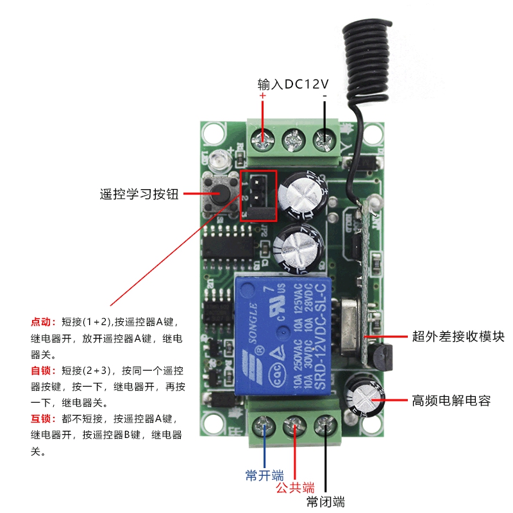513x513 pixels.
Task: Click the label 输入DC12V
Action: pyautogui.click(x=293, y=84)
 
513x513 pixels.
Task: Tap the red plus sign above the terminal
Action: pyautogui.click(x=262, y=96)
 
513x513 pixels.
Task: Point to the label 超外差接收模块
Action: pyautogui.click(x=458, y=336)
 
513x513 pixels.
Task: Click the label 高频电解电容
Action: pyautogui.click(x=451, y=401)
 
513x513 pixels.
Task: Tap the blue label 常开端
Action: pyautogui.click(x=264, y=475)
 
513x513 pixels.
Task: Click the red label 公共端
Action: pyautogui.click(x=295, y=487)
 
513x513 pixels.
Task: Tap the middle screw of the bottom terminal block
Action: pyautogui.click(x=295, y=425)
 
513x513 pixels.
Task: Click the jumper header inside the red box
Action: pyautogui.click(x=258, y=194)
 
